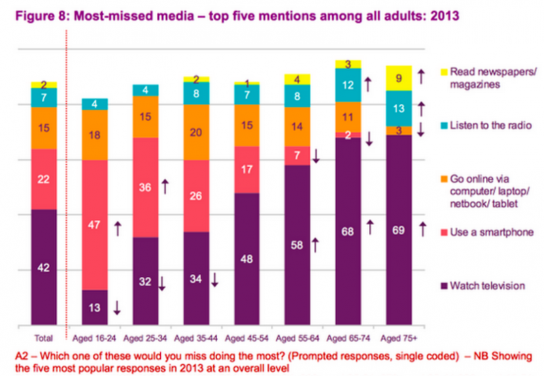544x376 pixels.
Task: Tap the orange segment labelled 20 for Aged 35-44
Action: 197,132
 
